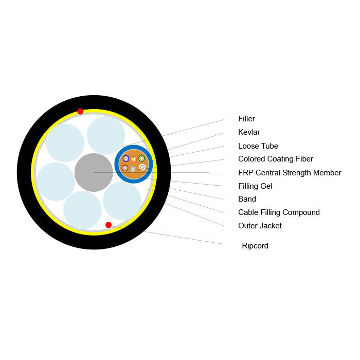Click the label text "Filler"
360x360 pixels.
(x=246, y=119)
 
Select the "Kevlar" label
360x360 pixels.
(x=249, y=132)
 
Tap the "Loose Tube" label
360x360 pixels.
(x=258, y=146)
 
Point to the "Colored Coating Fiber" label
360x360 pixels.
(x=276, y=159)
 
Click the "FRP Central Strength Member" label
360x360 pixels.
(x=290, y=173)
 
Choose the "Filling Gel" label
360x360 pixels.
(x=255, y=186)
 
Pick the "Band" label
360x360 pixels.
(x=247, y=199)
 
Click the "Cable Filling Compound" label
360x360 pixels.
(x=279, y=212)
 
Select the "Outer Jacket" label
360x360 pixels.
(x=260, y=226)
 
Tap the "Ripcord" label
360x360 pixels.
(x=255, y=246)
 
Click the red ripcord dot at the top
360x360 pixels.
(x=80, y=112)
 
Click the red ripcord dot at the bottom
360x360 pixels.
(x=109, y=225)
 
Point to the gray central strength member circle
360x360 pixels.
(x=94, y=172)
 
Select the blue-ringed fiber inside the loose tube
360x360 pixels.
(x=126, y=158)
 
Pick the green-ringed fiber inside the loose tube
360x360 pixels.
(x=141, y=158)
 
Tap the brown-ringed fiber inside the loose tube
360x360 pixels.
(x=125, y=168)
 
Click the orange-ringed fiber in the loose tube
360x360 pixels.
(x=134, y=159)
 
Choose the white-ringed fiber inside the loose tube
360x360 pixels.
(x=142, y=167)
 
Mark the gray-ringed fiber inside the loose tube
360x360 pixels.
(x=133, y=169)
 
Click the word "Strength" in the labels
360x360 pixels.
(x=297, y=173)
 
